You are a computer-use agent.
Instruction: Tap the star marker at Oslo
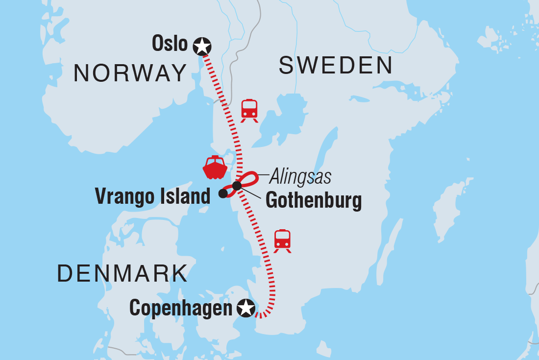[x=201, y=47]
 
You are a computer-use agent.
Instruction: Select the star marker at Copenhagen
[x=245, y=309]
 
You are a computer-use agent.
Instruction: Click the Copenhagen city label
[x=180, y=309]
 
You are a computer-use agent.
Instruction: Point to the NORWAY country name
[x=130, y=74]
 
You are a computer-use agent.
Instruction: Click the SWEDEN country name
[x=336, y=66]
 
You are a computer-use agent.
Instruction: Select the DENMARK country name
[x=122, y=273]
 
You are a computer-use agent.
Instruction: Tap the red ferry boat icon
[x=215, y=168]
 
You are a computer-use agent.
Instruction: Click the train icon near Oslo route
[x=249, y=110]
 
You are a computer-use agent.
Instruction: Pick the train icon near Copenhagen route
[x=282, y=240]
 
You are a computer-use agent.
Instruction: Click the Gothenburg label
[x=313, y=200]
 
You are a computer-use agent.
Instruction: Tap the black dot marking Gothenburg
[x=237, y=186]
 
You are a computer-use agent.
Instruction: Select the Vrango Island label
[x=152, y=197]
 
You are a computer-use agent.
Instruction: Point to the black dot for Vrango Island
[x=223, y=193]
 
